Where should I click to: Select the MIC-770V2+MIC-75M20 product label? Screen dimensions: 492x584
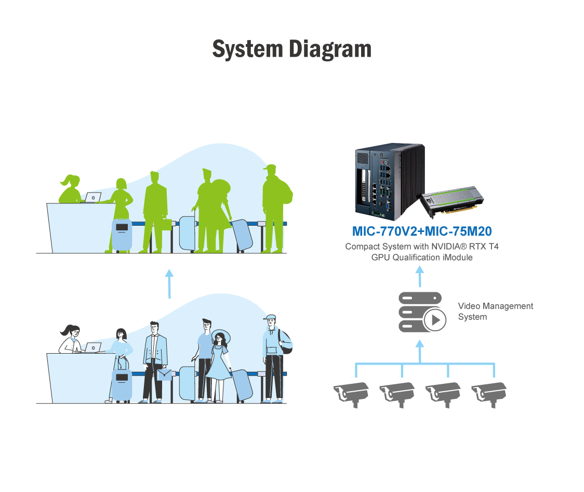click(422, 231)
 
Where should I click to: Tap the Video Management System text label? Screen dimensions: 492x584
click(495, 311)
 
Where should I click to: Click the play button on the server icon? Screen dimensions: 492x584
click(435, 320)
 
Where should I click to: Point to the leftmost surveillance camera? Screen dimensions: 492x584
click(352, 393)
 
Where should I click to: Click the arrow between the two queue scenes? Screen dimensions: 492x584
click(169, 283)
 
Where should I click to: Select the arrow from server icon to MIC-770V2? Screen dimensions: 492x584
click(420, 276)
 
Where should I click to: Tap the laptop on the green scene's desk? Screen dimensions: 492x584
click(93, 198)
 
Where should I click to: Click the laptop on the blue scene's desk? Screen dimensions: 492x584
click(94, 347)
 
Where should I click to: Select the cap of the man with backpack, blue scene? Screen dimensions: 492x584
click(270, 318)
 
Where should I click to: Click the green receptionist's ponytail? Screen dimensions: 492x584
click(66, 182)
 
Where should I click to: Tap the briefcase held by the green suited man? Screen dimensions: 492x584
click(165, 225)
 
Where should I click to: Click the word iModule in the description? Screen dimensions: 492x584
click(456, 257)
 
